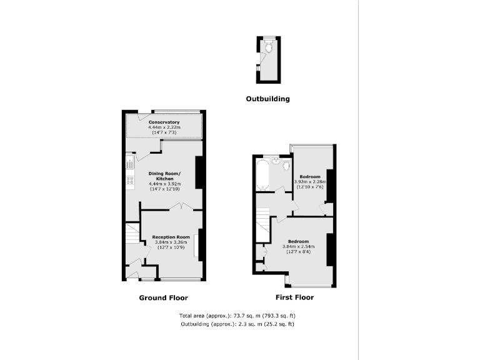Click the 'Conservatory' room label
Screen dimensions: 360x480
(x=164, y=122)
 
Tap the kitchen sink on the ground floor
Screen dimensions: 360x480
(x=131, y=164)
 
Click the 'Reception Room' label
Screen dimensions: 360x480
(x=171, y=237)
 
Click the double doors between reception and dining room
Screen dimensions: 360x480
(x=179, y=207)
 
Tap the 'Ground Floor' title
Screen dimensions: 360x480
(x=163, y=298)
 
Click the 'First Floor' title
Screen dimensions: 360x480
(x=294, y=297)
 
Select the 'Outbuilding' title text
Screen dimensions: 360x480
(x=267, y=99)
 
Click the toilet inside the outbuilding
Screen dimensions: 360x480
(x=269, y=47)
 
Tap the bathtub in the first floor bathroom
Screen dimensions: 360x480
(x=262, y=175)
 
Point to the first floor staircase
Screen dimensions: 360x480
(x=262, y=226)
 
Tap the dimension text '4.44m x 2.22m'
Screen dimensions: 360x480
(x=164, y=127)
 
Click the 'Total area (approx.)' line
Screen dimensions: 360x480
(x=237, y=315)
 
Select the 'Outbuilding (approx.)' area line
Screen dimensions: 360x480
(x=237, y=324)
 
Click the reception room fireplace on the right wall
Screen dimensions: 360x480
(x=201, y=243)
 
